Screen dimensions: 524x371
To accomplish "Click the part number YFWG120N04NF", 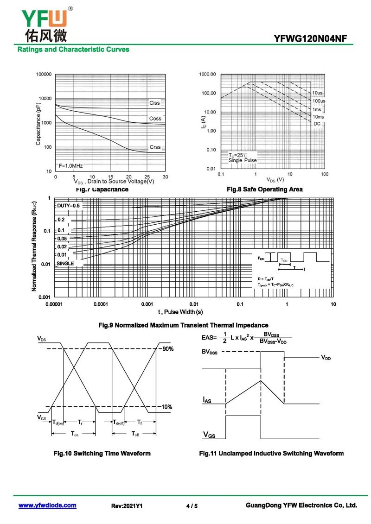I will coord(310,39).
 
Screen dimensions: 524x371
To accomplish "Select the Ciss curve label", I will coord(154,103).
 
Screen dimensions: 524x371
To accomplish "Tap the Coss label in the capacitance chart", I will coord(155,119).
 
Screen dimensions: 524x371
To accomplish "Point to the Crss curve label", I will coord(155,147).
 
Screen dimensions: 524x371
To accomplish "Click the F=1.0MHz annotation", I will coord(70,165).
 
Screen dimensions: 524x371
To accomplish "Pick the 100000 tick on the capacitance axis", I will coord(44,74).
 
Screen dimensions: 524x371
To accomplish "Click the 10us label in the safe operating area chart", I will coord(318,93).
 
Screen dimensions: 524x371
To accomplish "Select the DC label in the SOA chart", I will coord(317,124).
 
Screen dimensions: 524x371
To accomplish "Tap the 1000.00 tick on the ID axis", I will coord(208,74).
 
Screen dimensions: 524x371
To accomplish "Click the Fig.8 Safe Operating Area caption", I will coord(264,189).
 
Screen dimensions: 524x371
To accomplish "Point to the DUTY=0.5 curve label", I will coord(69,205).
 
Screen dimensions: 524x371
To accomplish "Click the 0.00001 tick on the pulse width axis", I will coord(54,304).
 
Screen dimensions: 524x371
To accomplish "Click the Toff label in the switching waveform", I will coord(135,434).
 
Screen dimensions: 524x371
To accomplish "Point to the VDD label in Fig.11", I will coord(326,358).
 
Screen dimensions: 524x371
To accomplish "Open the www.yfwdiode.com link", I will coord(47,505).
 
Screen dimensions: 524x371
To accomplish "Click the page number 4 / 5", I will coord(192,506).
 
